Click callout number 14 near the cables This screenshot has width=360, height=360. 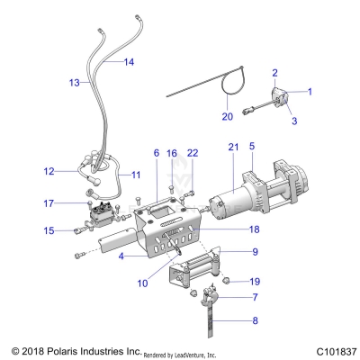[130, 62]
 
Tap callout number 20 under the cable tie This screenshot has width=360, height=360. [227, 117]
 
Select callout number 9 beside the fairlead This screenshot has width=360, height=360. [255, 252]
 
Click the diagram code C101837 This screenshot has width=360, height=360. [327, 349]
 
